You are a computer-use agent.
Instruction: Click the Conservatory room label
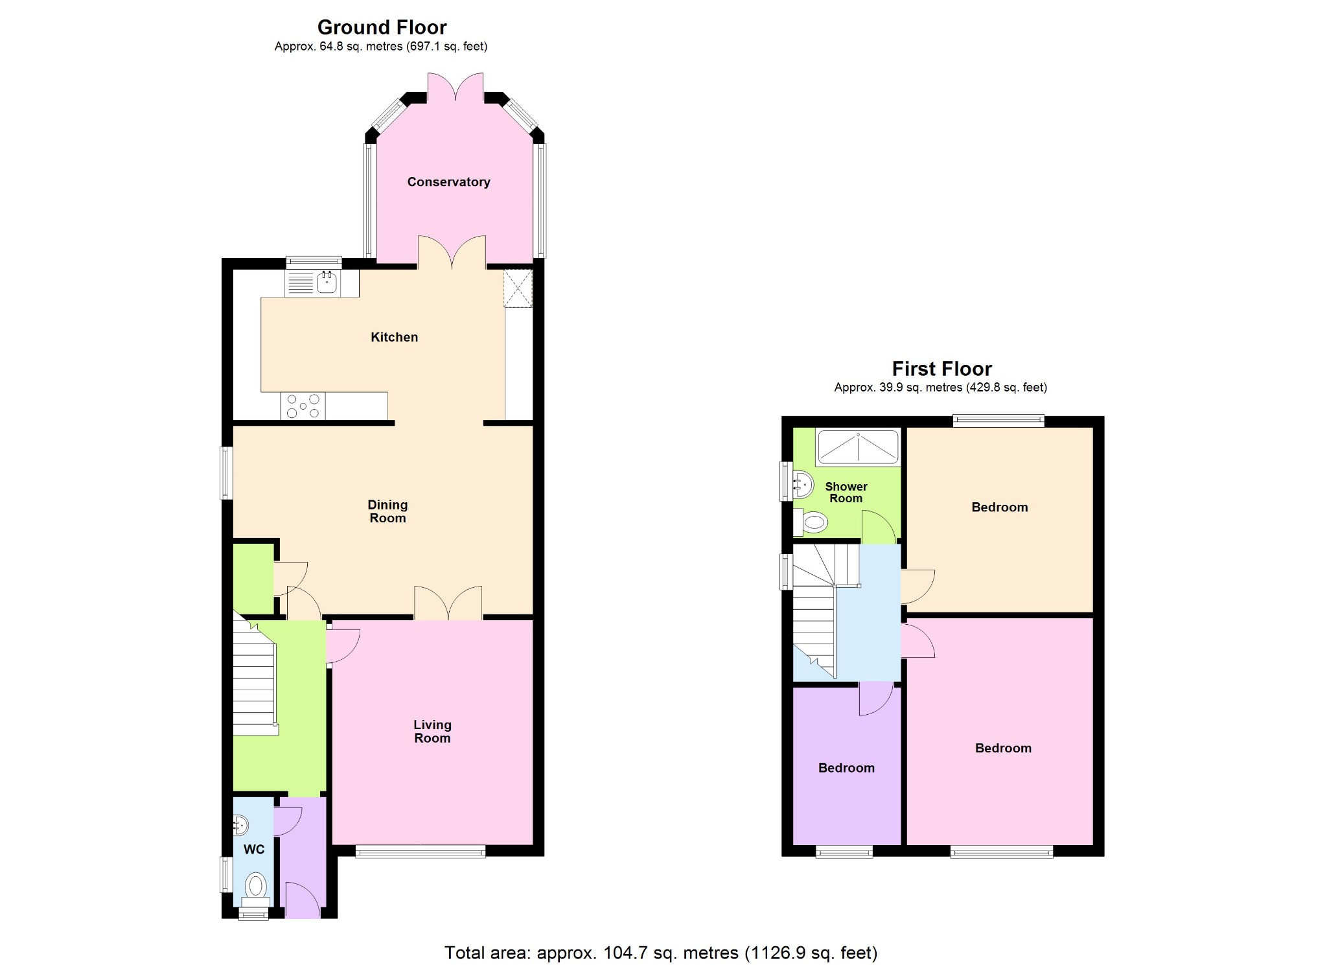pos(448,182)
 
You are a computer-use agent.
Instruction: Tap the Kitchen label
pos(394,337)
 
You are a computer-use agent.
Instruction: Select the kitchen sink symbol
pos(327,283)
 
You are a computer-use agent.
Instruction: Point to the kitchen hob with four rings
pos(303,406)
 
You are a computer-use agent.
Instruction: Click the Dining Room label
pos(387,511)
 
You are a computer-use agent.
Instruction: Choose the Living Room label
pos(432,731)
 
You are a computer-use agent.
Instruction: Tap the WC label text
pos(254,850)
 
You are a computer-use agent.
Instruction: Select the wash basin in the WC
pos(240,825)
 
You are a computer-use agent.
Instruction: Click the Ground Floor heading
pos(382,27)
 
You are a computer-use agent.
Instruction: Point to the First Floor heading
pos(941,369)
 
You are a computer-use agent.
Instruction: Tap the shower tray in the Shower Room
pos(858,447)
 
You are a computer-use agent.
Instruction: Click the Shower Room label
pos(846,493)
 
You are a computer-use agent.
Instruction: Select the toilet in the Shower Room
pos(813,522)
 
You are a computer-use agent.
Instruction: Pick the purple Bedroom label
pos(846,768)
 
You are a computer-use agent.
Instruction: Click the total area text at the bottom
pos(660,953)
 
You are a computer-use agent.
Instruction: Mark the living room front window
pos(421,852)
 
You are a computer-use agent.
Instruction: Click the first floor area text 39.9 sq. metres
pos(940,388)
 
